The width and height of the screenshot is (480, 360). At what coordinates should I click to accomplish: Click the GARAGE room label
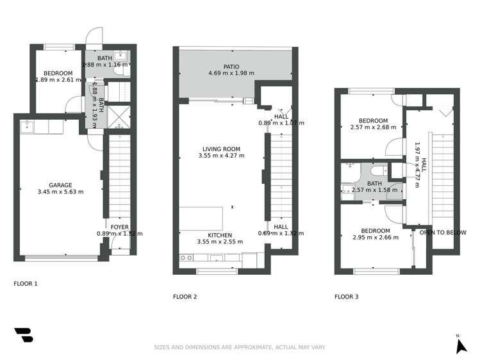click(61, 185)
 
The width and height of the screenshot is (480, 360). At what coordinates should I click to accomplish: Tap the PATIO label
click(231, 66)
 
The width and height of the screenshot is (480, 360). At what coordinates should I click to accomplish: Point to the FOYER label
click(119, 227)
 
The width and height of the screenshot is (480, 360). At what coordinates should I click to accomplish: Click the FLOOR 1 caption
click(26, 282)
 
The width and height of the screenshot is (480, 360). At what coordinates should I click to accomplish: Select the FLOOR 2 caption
click(185, 297)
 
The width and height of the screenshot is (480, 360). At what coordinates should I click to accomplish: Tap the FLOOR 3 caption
click(347, 297)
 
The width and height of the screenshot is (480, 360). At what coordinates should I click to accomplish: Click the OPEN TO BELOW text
click(443, 233)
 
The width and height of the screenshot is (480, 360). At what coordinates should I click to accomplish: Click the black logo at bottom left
click(23, 335)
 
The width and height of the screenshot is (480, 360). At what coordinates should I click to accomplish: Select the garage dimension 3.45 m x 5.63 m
click(61, 192)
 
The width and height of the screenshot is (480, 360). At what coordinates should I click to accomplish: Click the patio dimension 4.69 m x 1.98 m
click(231, 73)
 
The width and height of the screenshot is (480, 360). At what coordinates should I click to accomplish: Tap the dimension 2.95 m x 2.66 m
click(375, 238)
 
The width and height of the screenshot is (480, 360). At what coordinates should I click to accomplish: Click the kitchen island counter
click(204, 218)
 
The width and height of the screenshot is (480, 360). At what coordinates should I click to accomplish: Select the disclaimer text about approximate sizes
click(240, 347)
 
